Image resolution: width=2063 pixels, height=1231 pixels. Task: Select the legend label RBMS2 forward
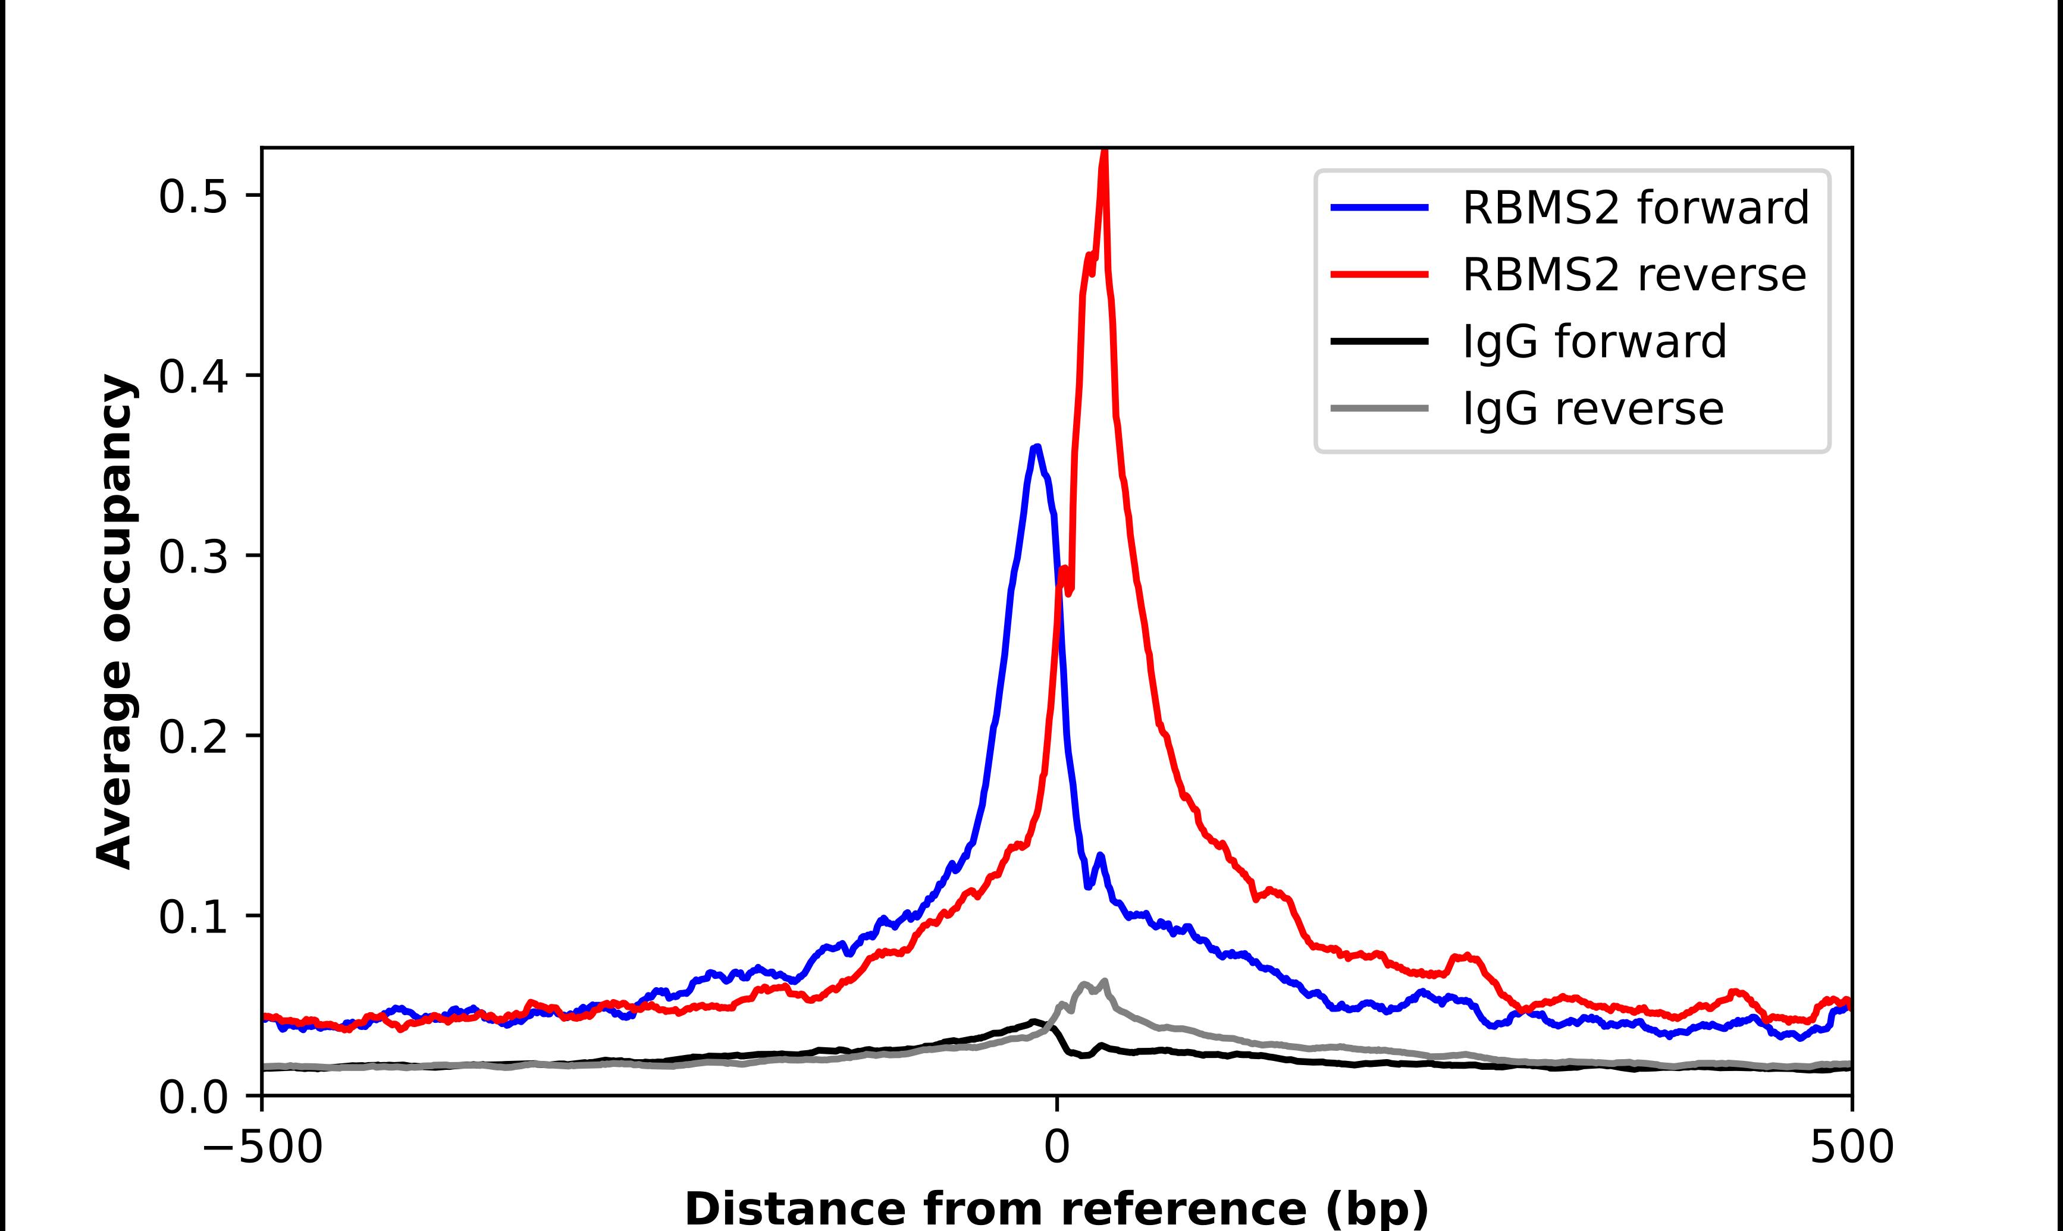pos(1635,208)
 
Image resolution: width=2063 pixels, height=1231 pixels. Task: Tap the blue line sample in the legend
pos(1379,208)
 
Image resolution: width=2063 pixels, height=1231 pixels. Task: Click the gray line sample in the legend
pos(1379,408)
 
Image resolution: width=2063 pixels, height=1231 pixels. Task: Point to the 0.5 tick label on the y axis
pos(193,197)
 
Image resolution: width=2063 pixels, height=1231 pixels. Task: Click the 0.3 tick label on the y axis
pos(193,557)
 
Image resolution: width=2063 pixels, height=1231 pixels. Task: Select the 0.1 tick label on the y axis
pos(193,918)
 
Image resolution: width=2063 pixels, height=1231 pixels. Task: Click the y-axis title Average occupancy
pos(114,621)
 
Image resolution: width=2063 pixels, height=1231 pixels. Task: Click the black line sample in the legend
pos(1379,341)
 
